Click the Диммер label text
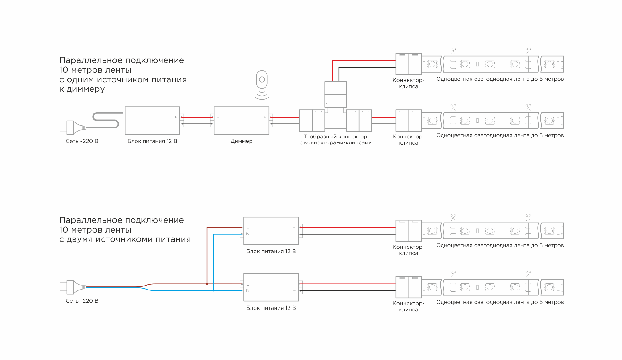coord(241,141)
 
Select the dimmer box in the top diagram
coord(241,121)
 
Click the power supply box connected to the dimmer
coord(152,121)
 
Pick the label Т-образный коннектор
coord(335,137)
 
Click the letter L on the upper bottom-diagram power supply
coord(248,228)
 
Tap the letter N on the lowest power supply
coord(248,290)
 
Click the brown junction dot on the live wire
coord(207,284)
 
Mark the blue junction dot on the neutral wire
coord(214,290)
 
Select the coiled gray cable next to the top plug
coord(106,120)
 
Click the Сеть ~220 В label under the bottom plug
coord(82,301)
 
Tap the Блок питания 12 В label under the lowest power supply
coord(271,308)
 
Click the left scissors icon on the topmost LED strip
coord(453,51)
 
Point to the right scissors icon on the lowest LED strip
coord(528,274)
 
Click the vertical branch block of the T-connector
coord(335,94)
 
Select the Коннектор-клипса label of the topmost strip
coord(408,83)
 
